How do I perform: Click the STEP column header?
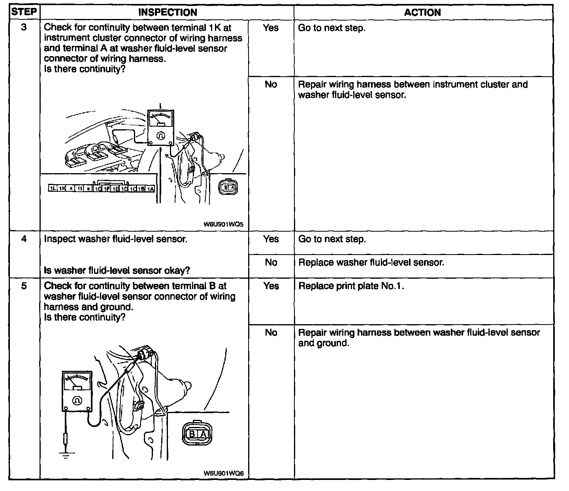coord(24,12)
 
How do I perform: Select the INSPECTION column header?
coord(168,12)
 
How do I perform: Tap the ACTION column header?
coord(422,12)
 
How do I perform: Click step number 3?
coord(24,28)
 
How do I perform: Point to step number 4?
coord(24,239)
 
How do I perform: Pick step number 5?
coord(24,286)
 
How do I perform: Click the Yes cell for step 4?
coord(271,239)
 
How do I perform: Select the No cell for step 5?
coord(271,332)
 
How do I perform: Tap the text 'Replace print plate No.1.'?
coord(351,286)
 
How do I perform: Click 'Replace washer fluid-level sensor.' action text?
coord(371,262)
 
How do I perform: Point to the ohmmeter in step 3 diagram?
coord(160,128)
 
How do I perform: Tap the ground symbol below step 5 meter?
coord(66,455)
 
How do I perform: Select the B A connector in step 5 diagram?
coord(198,434)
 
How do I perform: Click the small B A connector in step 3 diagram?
coord(228,188)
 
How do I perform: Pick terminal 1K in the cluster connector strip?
coord(62,189)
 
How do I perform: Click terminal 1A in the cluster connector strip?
coord(151,189)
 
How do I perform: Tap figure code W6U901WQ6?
coord(224,473)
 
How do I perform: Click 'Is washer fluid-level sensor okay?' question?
coord(117,270)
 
